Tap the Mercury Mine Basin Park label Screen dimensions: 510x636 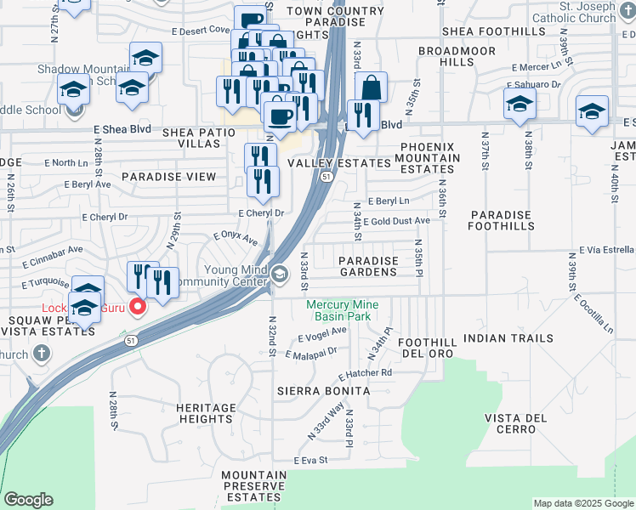tap(343, 310)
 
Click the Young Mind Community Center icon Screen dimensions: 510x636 tap(280, 274)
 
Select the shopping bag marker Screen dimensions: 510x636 tap(372, 87)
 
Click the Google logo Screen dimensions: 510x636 tap(28, 500)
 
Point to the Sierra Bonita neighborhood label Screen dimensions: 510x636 tap(324, 390)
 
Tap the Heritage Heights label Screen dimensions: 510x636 tap(205, 413)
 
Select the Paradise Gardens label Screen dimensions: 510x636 tap(368, 266)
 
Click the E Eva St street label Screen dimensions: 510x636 tap(311, 460)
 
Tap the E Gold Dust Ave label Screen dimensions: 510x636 tap(396, 221)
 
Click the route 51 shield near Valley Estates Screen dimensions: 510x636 tap(327, 177)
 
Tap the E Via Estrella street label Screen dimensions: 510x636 tap(607, 250)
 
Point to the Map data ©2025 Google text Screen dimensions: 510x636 tap(583, 503)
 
